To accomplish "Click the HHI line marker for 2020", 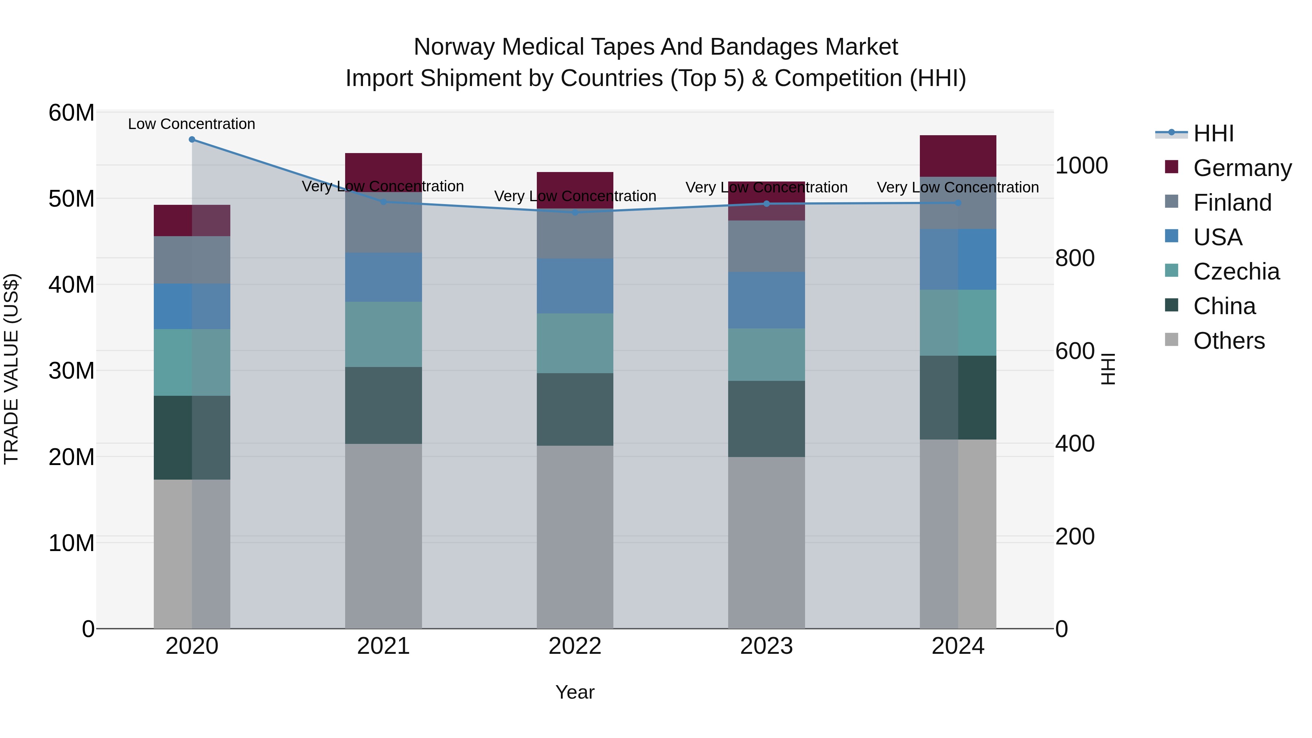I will click(192, 140).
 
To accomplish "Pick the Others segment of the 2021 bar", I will click(383, 536).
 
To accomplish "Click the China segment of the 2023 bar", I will click(766, 419).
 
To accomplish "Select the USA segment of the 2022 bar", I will click(575, 286).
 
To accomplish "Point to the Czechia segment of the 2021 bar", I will click(383, 334).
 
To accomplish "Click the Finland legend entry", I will click(1232, 203).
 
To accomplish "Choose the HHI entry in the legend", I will click(1213, 133).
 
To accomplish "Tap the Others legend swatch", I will click(1171, 340).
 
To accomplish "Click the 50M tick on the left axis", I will click(71, 199).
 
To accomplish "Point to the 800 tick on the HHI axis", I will click(1075, 258).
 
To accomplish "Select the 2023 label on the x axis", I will click(766, 646).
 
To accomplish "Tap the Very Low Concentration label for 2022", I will click(575, 196).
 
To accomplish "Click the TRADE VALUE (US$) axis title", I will click(11, 369).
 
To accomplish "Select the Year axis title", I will click(575, 692).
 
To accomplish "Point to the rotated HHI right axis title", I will click(1108, 369).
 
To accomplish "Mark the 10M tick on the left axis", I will click(71, 543).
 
